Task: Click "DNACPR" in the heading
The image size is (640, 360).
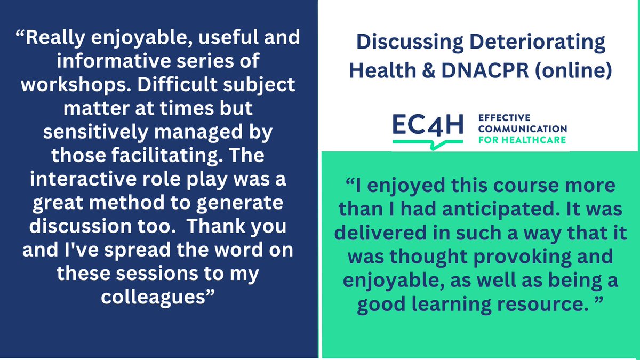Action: [x=496, y=71]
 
